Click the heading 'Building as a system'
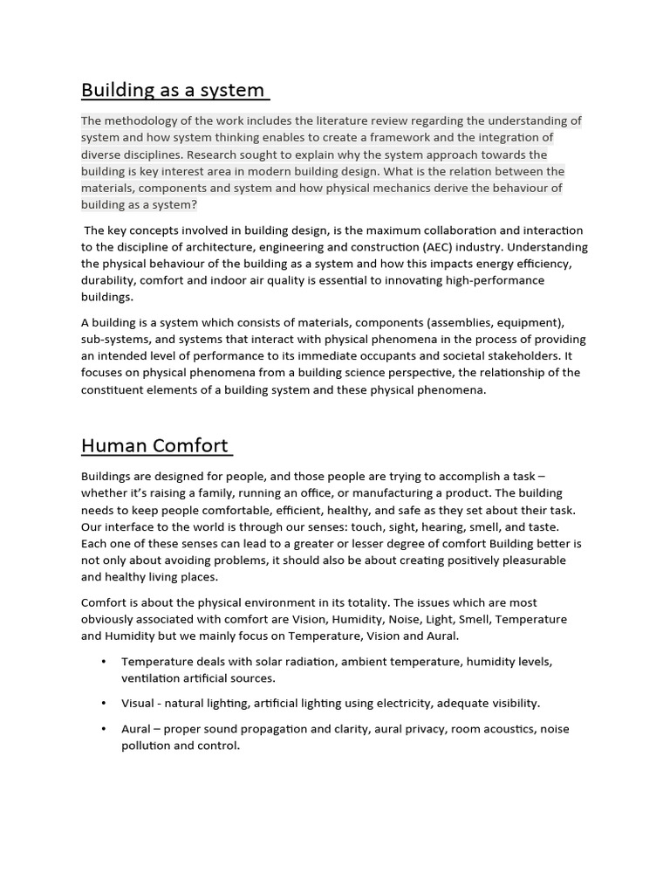tap(173, 90)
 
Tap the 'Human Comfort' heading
tap(154, 445)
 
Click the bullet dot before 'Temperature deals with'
tap(105, 662)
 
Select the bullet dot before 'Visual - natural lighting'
tap(105, 704)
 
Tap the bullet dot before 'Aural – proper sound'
tap(105, 729)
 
